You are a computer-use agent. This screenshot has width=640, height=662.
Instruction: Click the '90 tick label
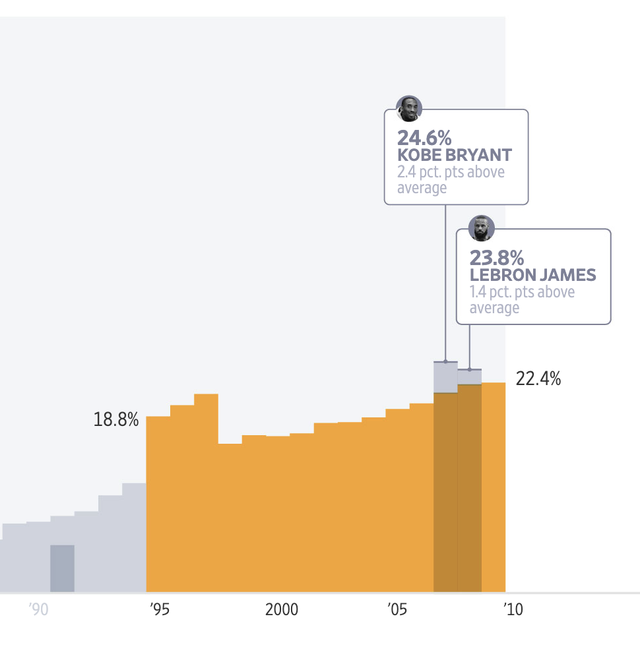coord(39,610)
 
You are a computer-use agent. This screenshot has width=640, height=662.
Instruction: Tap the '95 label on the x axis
coord(159,610)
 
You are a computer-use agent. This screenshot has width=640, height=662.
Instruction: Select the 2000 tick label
coord(282,610)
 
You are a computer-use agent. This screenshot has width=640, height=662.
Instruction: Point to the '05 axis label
coord(397,610)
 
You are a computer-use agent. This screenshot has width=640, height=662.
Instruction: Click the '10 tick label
coord(513,610)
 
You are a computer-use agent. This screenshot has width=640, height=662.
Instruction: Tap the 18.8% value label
coord(116,420)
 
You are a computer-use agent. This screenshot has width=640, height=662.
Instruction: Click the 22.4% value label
coord(538,379)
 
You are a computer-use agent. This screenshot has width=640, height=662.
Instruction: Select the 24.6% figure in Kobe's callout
coord(424,138)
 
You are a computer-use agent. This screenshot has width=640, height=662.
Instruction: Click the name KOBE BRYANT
coord(455,156)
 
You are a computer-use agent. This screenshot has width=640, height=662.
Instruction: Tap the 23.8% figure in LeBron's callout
coord(497,258)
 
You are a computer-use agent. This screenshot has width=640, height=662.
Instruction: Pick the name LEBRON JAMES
coord(532,275)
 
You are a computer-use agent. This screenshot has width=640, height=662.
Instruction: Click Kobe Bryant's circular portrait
coord(408,109)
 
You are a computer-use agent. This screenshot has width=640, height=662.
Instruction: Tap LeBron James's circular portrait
coord(481,228)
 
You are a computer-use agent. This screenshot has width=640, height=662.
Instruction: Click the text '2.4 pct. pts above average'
coord(451,180)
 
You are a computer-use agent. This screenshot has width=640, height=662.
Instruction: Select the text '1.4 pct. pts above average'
coord(522,300)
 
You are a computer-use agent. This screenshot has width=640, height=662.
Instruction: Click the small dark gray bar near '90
coord(62,568)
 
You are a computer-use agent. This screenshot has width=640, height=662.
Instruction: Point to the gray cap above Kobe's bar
coord(445,377)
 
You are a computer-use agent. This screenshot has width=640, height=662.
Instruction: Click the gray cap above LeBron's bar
coord(469,376)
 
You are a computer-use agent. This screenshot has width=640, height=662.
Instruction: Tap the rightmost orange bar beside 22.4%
coord(494,488)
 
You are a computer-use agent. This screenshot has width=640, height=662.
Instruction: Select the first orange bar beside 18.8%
coord(158,504)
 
